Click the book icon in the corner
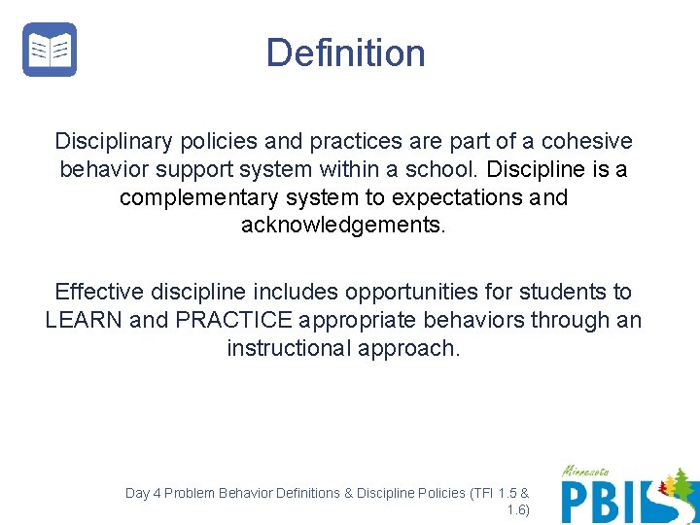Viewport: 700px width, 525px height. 50,50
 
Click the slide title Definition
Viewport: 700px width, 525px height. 346,52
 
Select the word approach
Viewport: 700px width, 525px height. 408,348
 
